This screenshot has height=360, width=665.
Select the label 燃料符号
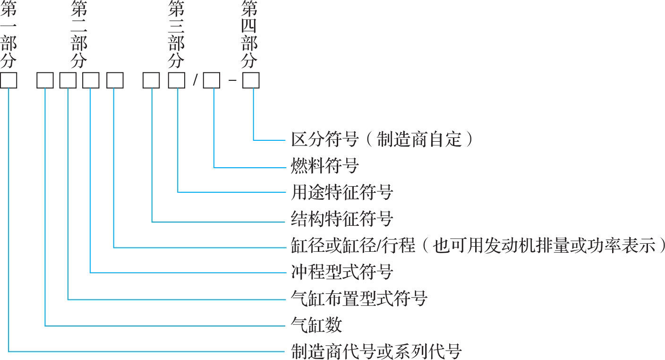[x=324, y=166]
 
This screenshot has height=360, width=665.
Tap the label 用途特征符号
[x=341, y=192]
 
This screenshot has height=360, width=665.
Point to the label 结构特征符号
[x=341, y=219]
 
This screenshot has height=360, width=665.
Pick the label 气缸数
[x=316, y=325]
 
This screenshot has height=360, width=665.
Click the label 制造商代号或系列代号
[x=376, y=351]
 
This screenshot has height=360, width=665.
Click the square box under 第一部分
[x=9, y=81]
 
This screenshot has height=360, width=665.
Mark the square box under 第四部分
[x=251, y=81]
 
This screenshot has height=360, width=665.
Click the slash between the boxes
[x=195, y=81]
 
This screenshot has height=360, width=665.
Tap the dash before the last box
[x=232, y=81]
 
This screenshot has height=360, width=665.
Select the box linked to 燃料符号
[x=212, y=81]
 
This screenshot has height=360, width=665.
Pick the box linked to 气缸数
[x=45, y=81]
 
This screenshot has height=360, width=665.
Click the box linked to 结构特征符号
[x=152, y=81]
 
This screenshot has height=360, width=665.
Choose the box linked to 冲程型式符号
[x=91, y=81]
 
